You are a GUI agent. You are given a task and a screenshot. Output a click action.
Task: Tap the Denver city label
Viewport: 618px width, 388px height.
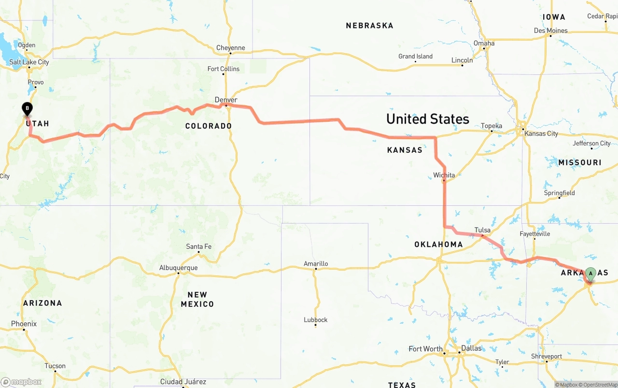[x=226, y=100]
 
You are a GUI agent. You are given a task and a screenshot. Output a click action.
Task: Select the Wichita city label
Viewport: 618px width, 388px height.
[x=444, y=175]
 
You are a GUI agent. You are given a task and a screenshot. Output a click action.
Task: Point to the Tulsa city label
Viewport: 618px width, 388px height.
[x=482, y=230]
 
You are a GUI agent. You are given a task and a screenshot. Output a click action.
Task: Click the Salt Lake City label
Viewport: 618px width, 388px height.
[x=29, y=62]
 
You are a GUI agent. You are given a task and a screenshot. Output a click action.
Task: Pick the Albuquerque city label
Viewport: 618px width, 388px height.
[x=178, y=268]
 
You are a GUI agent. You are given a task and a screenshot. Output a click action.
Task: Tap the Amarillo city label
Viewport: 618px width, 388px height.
[x=316, y=263]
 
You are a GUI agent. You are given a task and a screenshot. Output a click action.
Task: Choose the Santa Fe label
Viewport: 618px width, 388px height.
[x=198, y=246]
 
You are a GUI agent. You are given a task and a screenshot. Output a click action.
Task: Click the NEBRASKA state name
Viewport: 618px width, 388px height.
[x=369, y=26]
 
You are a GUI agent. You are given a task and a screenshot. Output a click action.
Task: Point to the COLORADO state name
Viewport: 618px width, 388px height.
[x=209, y=126]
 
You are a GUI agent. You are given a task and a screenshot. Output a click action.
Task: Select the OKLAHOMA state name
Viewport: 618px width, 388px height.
[x=438, y=244]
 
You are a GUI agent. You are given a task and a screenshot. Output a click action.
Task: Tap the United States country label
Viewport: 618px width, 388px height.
[x=427, y=119]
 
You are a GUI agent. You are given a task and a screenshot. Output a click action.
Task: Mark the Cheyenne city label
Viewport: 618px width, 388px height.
[x=230, y=48]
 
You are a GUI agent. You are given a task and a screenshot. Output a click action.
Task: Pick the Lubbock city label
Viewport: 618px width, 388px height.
[x=316, y=319]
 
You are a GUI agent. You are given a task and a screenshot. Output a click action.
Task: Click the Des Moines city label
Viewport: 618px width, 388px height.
[x=551, y=30]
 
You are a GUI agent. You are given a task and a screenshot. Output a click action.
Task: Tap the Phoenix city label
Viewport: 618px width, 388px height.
[x=24, y=323]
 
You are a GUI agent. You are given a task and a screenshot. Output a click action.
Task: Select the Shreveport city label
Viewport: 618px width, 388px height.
[x=547, y=356]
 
